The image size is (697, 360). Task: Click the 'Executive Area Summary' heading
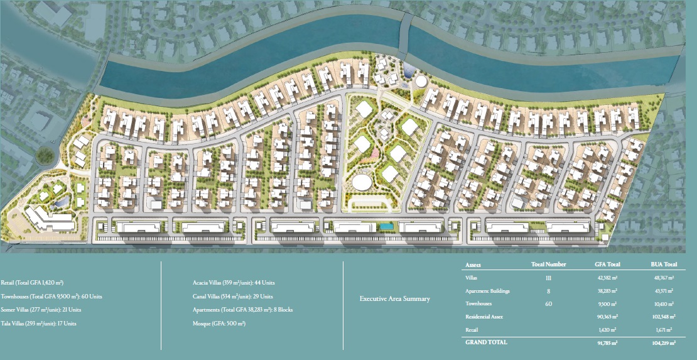(x=394, y=299)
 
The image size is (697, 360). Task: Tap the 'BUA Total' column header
(x=663, y=265)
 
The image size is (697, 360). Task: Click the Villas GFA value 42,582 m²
(x=606, y=277)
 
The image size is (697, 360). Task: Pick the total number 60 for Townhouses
(x=548, y=303)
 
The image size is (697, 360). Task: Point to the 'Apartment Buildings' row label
(x=487, y=291)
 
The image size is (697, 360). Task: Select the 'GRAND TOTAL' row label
(x=486, y=342)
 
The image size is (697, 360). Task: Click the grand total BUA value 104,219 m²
(x=663, y=343)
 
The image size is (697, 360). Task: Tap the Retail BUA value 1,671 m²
(x=663, y=330)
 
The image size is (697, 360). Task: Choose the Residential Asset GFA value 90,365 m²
(x=606, y=317)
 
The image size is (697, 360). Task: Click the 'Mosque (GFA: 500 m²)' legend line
(x=219, y=324)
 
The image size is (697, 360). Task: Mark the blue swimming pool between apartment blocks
(x=387, y=225)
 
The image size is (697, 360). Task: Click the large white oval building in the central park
(x=362, y=182)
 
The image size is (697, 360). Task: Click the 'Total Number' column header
(x=548, y=265)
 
